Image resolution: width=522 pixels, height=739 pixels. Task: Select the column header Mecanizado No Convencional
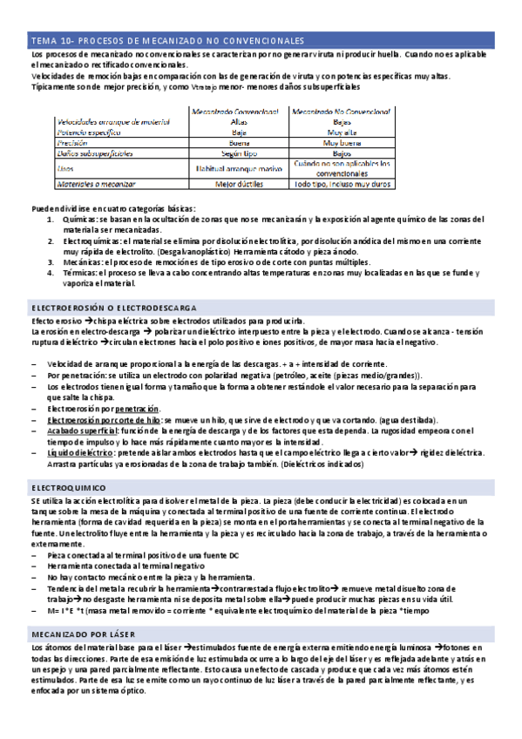coord(342,112)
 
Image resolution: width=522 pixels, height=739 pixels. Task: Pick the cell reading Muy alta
coord(342,132)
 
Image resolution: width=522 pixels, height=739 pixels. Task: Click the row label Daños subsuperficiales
coord(95,153)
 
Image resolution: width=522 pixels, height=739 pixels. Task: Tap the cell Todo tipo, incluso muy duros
coord(342,185)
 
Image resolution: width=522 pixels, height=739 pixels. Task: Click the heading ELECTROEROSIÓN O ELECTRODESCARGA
coord(113,308)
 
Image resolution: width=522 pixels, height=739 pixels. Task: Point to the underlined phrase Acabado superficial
coord(81,431)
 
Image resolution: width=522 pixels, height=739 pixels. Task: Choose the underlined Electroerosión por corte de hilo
coord(104,420)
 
